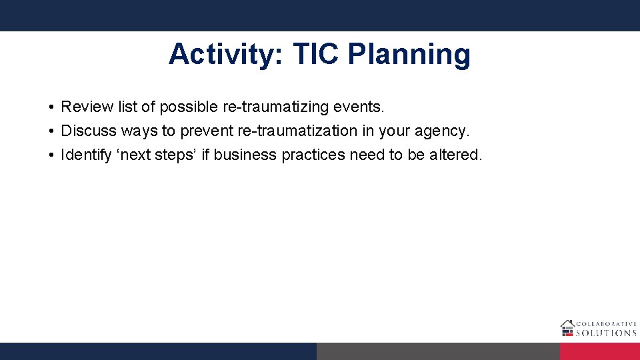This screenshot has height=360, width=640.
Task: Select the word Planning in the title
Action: pos(409,55)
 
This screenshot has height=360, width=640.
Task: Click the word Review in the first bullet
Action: pos(85,107)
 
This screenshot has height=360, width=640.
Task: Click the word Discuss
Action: pos(89,131)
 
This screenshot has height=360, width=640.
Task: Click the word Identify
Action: pos(86,155)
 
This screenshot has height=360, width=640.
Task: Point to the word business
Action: pos(245,155)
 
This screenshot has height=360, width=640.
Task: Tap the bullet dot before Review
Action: pos(51,107)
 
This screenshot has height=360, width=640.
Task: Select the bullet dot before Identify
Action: pos(51,155)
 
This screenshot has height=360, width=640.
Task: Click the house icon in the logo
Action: pos(567,327)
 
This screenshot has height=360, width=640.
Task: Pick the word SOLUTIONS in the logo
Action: pos(606,333)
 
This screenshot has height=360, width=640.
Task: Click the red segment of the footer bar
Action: pos(599,351)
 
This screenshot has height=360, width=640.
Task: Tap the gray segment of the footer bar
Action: pos(438,351)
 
